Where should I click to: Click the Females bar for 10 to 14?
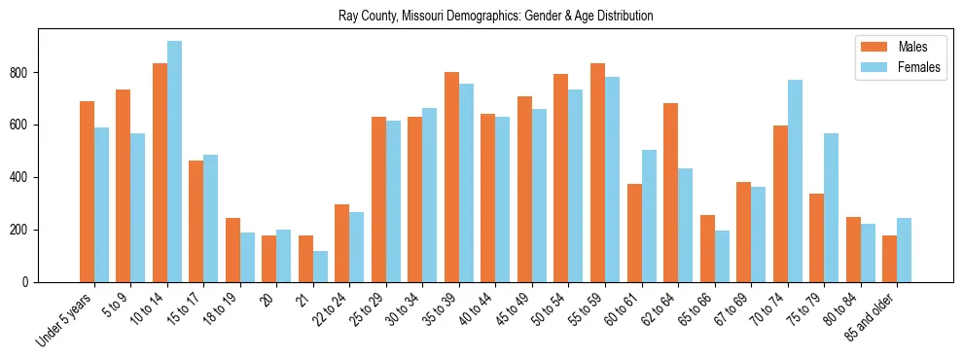click(x=174, y=162)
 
